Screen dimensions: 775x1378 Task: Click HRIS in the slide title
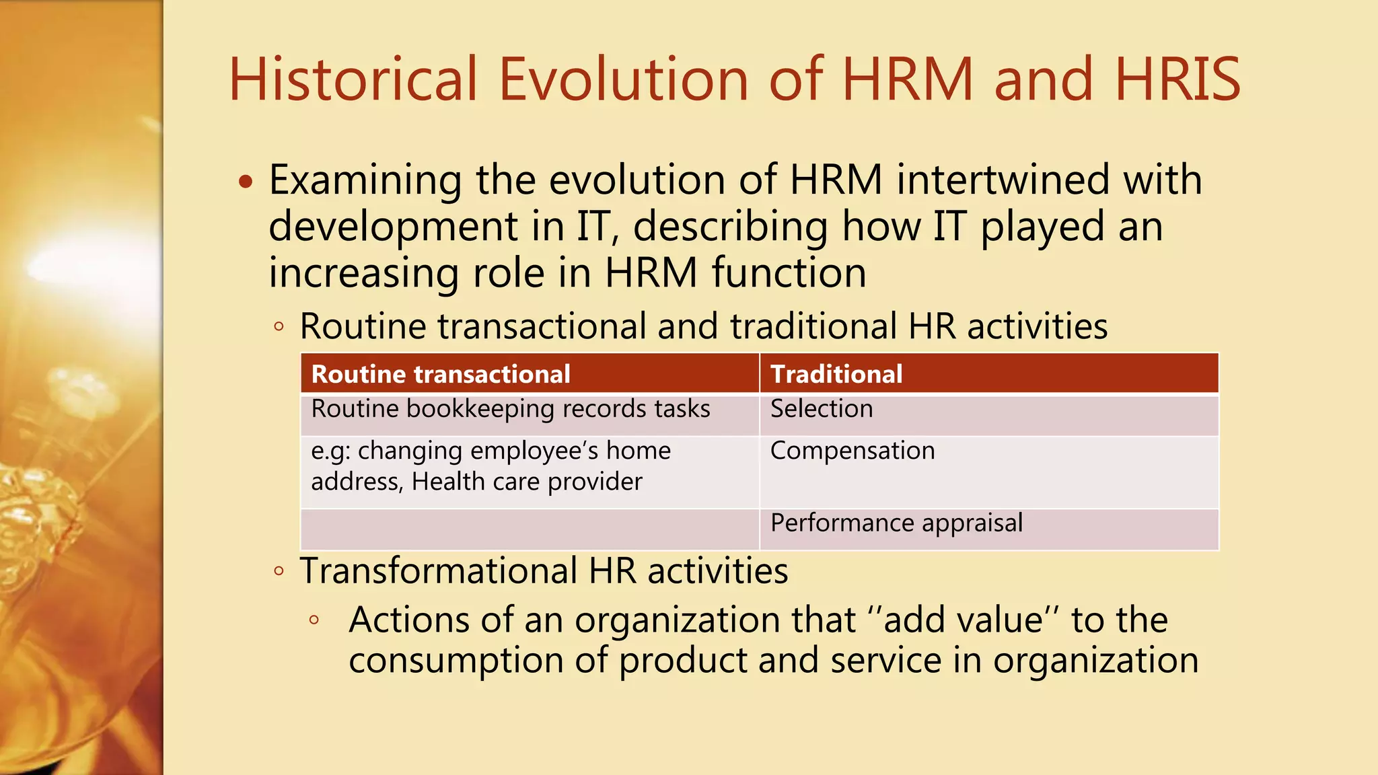[x=1177, y=79]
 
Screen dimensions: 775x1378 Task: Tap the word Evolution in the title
[x=623, y=79]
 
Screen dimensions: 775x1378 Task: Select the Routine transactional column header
[x=441, y=374]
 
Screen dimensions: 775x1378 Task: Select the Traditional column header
[x=836, y=374]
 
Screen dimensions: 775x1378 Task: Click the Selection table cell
[x=822, y=409]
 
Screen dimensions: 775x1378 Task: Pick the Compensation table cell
[x=853, y=451]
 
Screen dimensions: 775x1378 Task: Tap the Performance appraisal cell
[x=896, y=523]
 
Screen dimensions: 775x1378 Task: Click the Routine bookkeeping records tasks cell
[x=511, y=409]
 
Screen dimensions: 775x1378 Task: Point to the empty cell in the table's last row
[x=530, y=529]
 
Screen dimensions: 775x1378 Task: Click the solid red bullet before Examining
[x=246, y=182]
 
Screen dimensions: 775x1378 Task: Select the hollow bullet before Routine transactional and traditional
[x=279, y=328]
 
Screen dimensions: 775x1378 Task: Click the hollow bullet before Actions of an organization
[x=314, y=620]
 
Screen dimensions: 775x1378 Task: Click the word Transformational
[x=438, y=571]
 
